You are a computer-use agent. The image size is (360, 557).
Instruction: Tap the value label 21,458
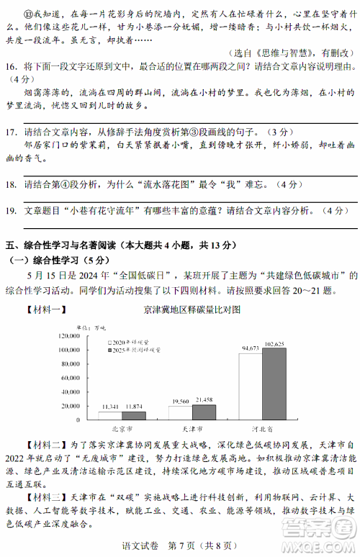[x=204, y=399]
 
